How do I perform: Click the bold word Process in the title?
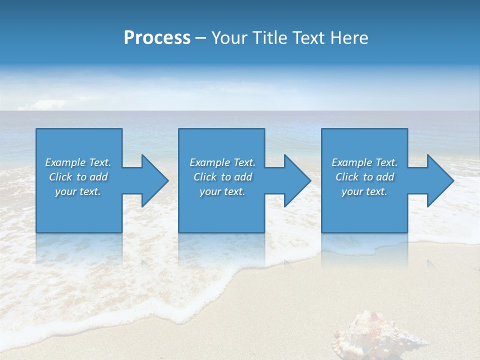(x=157, y=38)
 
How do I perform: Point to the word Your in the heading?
(x=229, y=38)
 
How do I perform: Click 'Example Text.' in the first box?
(x=78, y=162)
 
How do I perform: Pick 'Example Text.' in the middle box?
(x=222, y=162)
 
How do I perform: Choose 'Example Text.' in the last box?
(x=364, y=162)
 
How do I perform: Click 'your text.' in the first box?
(x=78, y=191)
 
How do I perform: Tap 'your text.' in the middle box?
(x=222, y=191)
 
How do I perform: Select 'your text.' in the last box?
(x=364, y=191)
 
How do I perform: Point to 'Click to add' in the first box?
(x=78, y=177)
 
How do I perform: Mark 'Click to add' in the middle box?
(x=222, y=177)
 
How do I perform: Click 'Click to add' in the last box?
(x=364, y=177)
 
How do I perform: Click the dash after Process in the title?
(x=200, y=38)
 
